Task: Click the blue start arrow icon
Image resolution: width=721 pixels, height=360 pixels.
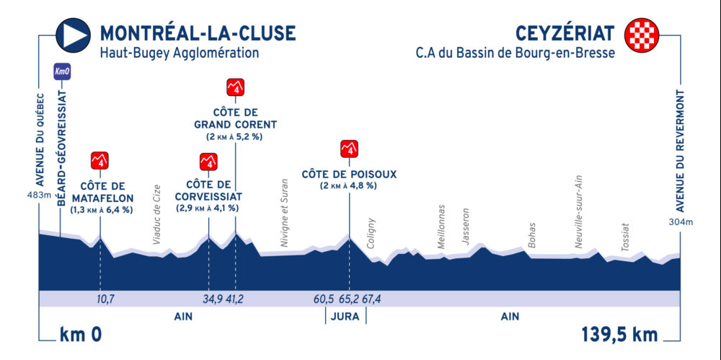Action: coord(73,35)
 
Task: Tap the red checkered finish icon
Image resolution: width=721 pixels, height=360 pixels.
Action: coord(642,35)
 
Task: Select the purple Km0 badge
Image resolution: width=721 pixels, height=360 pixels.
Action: coord(62,71)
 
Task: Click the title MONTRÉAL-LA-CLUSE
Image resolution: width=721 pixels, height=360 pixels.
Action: coord(198,33)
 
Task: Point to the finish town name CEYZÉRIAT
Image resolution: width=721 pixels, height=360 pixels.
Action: coord(565,33)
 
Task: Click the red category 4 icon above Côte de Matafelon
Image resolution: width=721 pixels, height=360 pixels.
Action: coord(100,160)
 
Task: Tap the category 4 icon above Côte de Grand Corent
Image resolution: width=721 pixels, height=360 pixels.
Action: coord(236,87)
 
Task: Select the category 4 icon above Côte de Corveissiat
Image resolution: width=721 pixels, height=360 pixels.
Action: coord(208,162)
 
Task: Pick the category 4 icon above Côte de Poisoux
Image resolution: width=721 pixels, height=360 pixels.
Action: coord(349,149)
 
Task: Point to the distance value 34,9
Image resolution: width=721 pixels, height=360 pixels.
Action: coord(211,299)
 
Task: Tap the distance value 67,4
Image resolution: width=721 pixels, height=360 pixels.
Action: coord(372,299)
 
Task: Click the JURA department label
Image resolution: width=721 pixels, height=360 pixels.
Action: coord(345,316)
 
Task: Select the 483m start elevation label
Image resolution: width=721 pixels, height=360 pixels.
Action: coord(39,196)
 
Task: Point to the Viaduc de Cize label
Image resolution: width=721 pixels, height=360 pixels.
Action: coord(157,214)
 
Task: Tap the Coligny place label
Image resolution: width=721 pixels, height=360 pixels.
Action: coord(371,234)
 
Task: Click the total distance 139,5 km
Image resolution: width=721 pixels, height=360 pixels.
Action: coord(620,334)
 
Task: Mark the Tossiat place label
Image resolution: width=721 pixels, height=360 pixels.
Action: coord(624,237)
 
